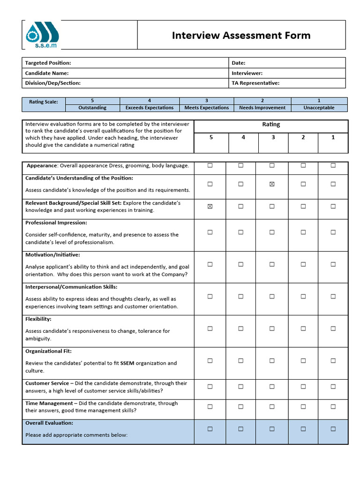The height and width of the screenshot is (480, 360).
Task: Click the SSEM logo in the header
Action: [x=45, y=35]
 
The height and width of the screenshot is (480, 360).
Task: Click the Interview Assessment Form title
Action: [x=241, y=36]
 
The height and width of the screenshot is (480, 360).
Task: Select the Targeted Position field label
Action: [x=48, y=63]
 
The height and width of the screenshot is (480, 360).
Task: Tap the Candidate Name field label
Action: [x=47, y=73]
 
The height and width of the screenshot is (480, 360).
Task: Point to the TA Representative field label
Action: [x=255, y=83]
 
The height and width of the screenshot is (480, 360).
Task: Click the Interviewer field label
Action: [x=247, y=73]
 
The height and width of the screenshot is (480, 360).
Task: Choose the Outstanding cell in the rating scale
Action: [x=92, y=108]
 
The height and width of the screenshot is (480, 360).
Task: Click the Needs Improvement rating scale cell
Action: [x=262, y=108]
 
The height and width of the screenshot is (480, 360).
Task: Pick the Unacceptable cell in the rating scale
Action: [x=319, y=108]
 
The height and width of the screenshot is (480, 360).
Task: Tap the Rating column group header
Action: [x=271, y=125]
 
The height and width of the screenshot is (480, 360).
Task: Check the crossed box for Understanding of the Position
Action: [x=272, y=184]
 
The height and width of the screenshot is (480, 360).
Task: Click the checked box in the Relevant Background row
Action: [x=210, y=206]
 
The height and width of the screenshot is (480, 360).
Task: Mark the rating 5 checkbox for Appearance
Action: [x=210, y=165]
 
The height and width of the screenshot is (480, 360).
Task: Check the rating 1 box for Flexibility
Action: [x=333, y=329]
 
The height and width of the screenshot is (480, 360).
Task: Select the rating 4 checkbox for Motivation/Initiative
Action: [x=241, y=264]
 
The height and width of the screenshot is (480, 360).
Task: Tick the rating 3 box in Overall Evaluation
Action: [x=272, y=429]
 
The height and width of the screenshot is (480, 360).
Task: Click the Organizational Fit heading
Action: [x=49, y=351]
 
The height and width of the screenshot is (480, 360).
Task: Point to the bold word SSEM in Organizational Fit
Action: [x=127, y=363]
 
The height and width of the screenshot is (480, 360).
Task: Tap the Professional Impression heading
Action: [x=56, y=223]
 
